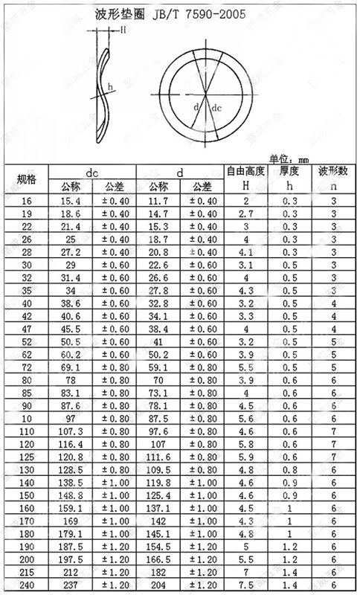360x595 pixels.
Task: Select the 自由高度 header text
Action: (x=245, y=172)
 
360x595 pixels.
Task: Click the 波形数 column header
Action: (x=333, y=172)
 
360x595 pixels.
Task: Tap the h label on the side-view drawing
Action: (x=111, y=88)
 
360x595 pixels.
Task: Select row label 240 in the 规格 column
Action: (x=25, y=588)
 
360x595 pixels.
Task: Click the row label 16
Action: (x=25, y=202)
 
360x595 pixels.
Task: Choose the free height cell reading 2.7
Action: (x=245, y=213)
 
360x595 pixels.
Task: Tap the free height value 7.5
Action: (x=245, y=588)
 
